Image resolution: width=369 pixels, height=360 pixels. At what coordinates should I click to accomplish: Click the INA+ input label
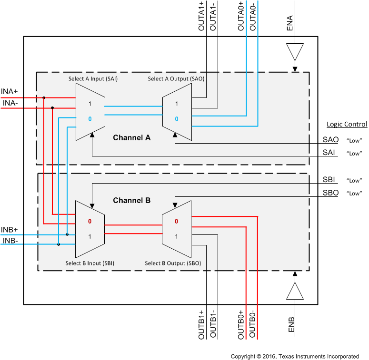tap(10, 91)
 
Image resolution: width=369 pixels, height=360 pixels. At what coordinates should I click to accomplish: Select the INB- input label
tap(10, 240)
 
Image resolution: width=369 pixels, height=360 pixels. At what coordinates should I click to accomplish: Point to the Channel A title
tap(131, 138)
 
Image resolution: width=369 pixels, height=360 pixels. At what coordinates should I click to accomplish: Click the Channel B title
tap(131, 201)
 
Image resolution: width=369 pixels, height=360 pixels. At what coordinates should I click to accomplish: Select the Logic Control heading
tap(347, 125)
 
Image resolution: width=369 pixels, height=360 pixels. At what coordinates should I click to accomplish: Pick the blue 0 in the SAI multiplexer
tap(90, 118)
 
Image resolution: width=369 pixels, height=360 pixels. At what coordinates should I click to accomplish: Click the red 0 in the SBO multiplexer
tap(176, 221)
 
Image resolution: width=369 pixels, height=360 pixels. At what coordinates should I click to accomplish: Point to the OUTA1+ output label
tap(202, 17)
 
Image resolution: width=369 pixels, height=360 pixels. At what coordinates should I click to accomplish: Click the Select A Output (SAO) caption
tap(176, 79)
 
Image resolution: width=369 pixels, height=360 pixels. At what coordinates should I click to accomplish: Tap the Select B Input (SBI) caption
tap(90, 263)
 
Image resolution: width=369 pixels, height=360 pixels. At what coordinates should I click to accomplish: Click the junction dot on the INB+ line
tap(67, 234)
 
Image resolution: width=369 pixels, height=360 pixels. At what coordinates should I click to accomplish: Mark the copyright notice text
tap(295, 356)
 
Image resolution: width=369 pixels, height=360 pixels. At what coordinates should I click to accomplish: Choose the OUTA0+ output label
tap(241, 17)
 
